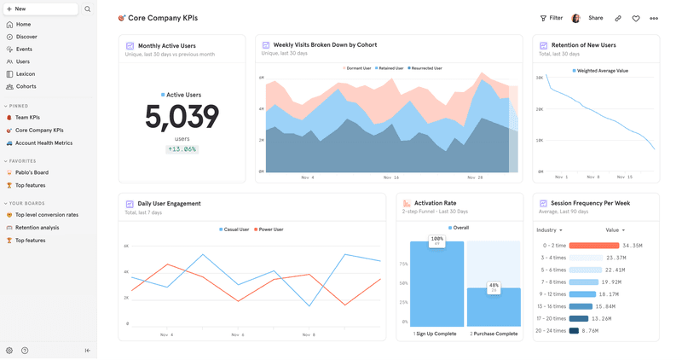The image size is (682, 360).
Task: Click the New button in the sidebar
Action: [39, 9]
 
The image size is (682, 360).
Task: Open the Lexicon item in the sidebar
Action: [25, 74]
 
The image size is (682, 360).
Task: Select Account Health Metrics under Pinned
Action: [43, 143]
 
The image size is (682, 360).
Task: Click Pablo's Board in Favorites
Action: [32, 173]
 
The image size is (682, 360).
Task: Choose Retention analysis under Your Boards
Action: [37, 228]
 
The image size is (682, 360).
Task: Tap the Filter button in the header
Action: [552, 18]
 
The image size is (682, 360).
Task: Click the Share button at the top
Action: [595, 18]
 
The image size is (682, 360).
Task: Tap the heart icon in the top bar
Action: [636, 18]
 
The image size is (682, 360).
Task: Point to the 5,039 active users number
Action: [182, 118]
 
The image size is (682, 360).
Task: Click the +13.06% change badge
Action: [182, 149]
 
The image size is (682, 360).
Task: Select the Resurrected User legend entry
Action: [425, 68]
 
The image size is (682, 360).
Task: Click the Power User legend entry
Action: [270, 229]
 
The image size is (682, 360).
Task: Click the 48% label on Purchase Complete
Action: [494, 286]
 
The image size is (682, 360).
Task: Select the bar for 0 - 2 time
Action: [594, 246]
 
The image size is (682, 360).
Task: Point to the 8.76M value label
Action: [588, 330]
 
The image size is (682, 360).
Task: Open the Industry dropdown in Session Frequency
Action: [549, 230]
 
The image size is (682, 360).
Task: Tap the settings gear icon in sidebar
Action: [9, 351]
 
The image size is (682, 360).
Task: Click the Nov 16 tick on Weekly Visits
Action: [390, 177]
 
